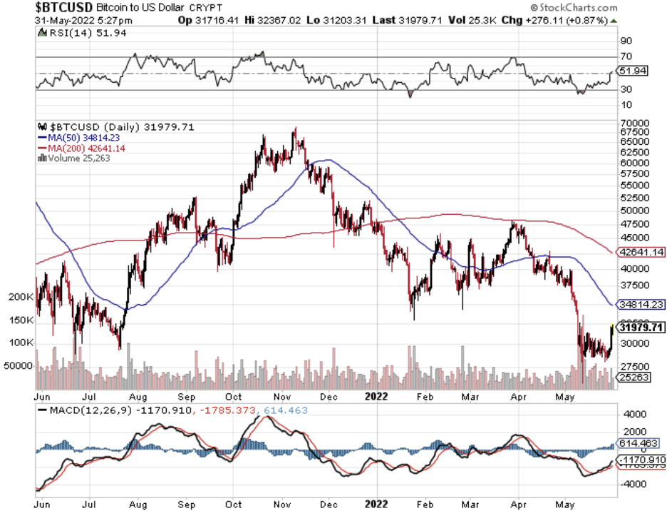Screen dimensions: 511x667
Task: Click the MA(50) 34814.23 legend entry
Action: tap(74, 138)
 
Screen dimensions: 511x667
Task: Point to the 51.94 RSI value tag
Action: tap(633, 71)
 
